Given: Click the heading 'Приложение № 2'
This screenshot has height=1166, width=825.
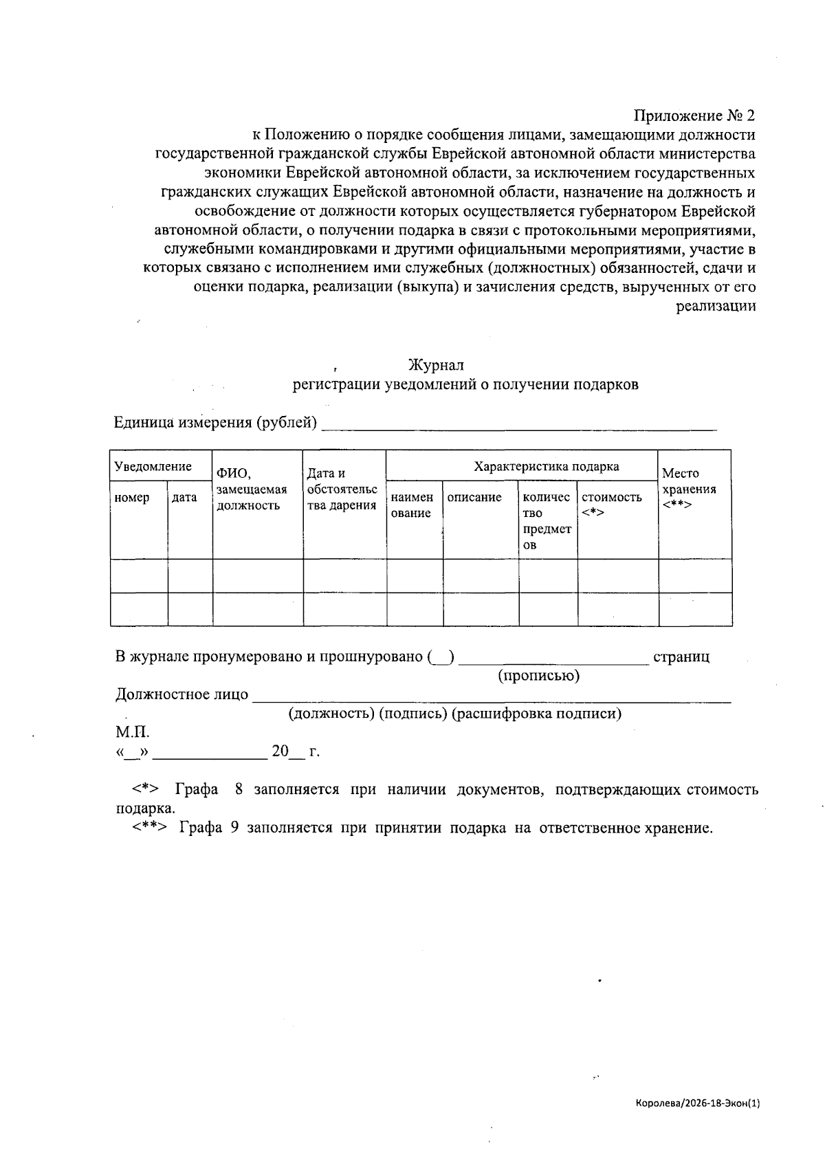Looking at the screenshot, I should (694, 115).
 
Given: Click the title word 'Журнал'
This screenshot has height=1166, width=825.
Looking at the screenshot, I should (436, 365).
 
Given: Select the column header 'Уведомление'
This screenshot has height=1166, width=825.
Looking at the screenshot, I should (153, 467).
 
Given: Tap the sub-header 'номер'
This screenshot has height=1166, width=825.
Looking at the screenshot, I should (131, 498).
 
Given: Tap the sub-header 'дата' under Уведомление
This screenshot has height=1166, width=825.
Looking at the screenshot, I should (184, 498).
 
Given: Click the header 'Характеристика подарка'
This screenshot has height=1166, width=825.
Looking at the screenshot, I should (546, 467).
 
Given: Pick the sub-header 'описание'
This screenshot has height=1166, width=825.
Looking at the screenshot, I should (474, 497).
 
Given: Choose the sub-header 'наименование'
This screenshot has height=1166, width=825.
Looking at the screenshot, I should (412, 505).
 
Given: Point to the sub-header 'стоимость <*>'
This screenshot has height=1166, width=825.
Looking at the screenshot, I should (611, 505).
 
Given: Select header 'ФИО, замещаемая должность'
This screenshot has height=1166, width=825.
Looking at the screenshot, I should (251, 489).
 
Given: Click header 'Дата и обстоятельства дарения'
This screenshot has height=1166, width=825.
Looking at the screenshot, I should (342, 489).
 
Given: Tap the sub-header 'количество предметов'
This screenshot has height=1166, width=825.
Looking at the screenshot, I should (546, 520).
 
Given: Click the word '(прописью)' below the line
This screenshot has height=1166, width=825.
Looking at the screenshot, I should (538, 676).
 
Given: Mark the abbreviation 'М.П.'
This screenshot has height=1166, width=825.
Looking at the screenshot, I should (132, 732).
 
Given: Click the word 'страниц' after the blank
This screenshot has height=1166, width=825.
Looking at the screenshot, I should (681, 657).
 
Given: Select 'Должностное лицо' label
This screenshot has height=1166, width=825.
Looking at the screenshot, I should (181, 694).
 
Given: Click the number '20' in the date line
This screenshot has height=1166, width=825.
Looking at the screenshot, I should (280, 751).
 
